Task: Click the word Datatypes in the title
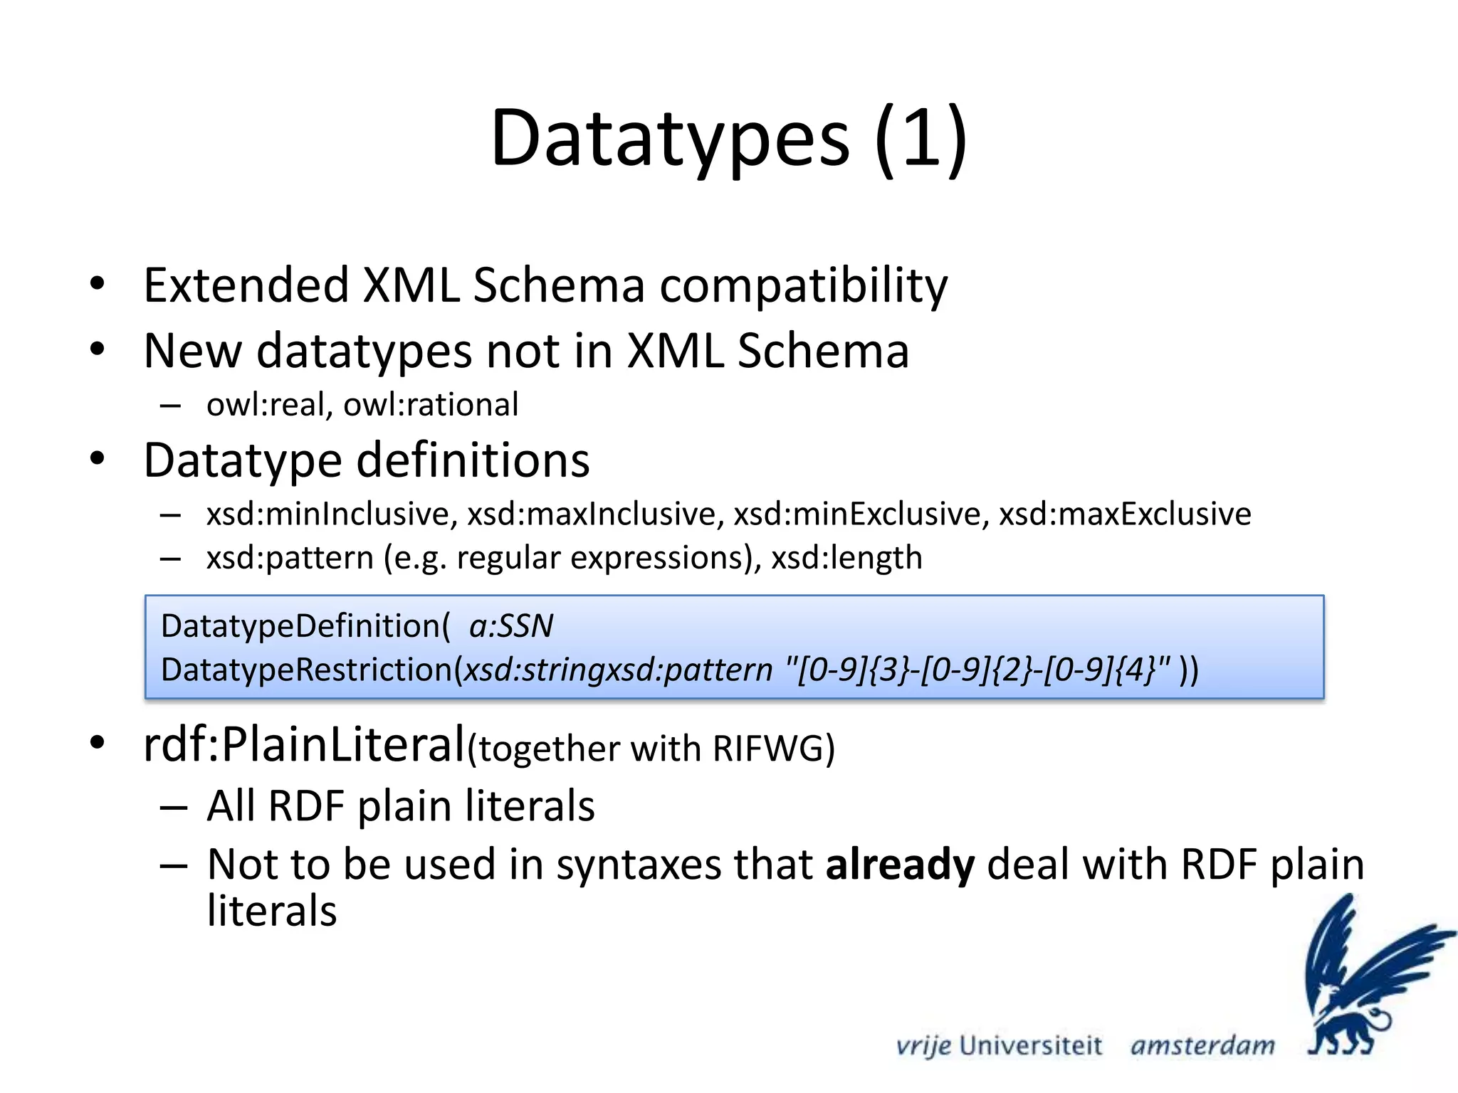[x=669, y=139]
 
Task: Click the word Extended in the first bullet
[x=246, y=285]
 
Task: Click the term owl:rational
[x=431, y=405]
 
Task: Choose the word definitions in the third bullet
[x=473, y=460]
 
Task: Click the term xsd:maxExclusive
[x=1125, y=514]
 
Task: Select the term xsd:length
[x=847, y=558]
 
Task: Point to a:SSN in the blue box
[x=511, y=627]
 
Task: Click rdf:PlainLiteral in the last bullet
[x=304, y=745]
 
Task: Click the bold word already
[x=900, y=865]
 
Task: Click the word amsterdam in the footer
[x=1202, y=1046]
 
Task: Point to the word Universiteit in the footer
[x=1030, y=1046]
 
